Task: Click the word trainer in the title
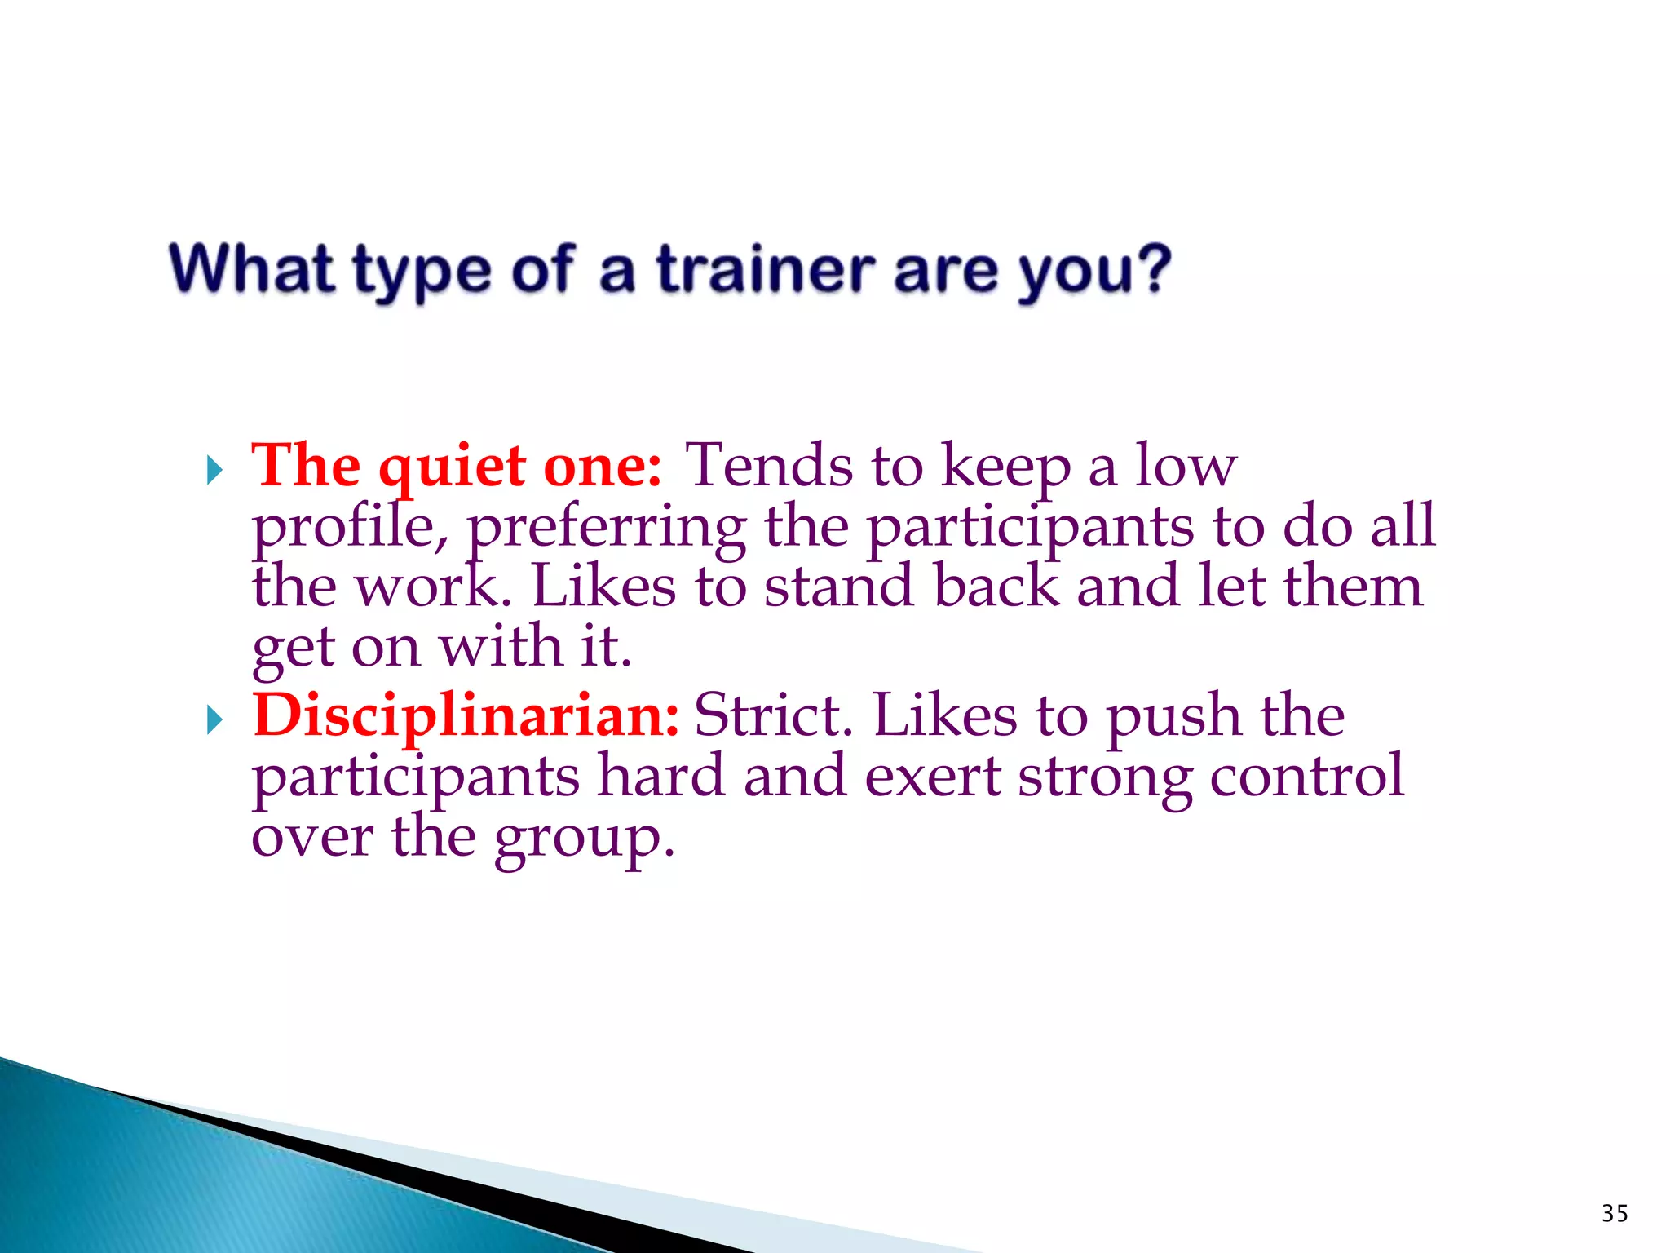tap(767, 271)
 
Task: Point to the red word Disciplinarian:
tap(466, 715)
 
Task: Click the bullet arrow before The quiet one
tap(214, 471)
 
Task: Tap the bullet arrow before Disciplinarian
tap(214, 719)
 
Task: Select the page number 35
tap(1614, 1213)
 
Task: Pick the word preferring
tap(607, 529)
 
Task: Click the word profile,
tap(350, 529)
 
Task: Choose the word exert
tap(932, 777)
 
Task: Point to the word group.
tap(584, 839)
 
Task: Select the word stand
tap(839, 587)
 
